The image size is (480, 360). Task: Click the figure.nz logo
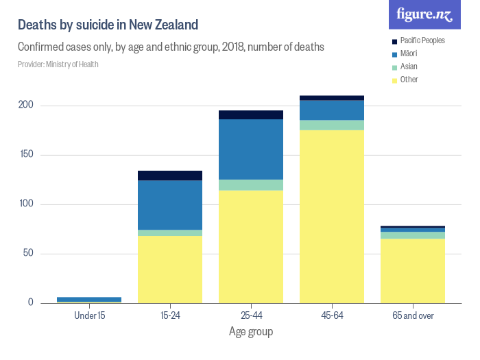pyautogui.click(x=424, y=15)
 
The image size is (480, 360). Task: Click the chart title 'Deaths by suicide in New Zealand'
pyautogui.click(x=108, y=25)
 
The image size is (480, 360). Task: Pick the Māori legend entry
pyautogui.click(x=409, y=53)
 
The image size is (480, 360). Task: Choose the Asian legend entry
pyautogui.click(x=409, y=67)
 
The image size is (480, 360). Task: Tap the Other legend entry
pyautogui.click(x=409, y=80)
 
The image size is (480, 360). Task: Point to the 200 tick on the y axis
pyautogui.click(x=26, y=106)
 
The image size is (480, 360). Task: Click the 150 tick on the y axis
pyautogui.click(x=26, y=155)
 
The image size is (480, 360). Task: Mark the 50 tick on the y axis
pyautogui.click(x=27, y=254)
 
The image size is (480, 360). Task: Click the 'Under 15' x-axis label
pyautogui.click(x=89, y=315)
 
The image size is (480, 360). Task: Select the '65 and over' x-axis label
pyautogui.click(x=413, y=315)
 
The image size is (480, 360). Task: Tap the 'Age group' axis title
pyautogui.click(x=251, y=332)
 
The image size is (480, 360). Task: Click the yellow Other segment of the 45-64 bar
pyautogui.click(x=332, y=216)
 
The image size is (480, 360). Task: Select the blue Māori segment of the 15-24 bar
pyautogui.click(x=170, y=205)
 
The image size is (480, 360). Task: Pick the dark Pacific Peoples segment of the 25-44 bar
pyautogui.click(x=251, y=115)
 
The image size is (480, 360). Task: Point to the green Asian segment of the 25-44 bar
pyautogui.click(x=251, y=185)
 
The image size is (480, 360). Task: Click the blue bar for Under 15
pyautogui.click(x=89, y=299)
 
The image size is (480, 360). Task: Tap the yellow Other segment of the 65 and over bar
pyautogui.click(x=413, y=270)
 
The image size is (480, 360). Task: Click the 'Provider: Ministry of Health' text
pyautogui.click(x=58, y=64)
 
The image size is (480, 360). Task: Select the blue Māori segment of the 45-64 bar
pyautogui.click(x=332, y=110)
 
